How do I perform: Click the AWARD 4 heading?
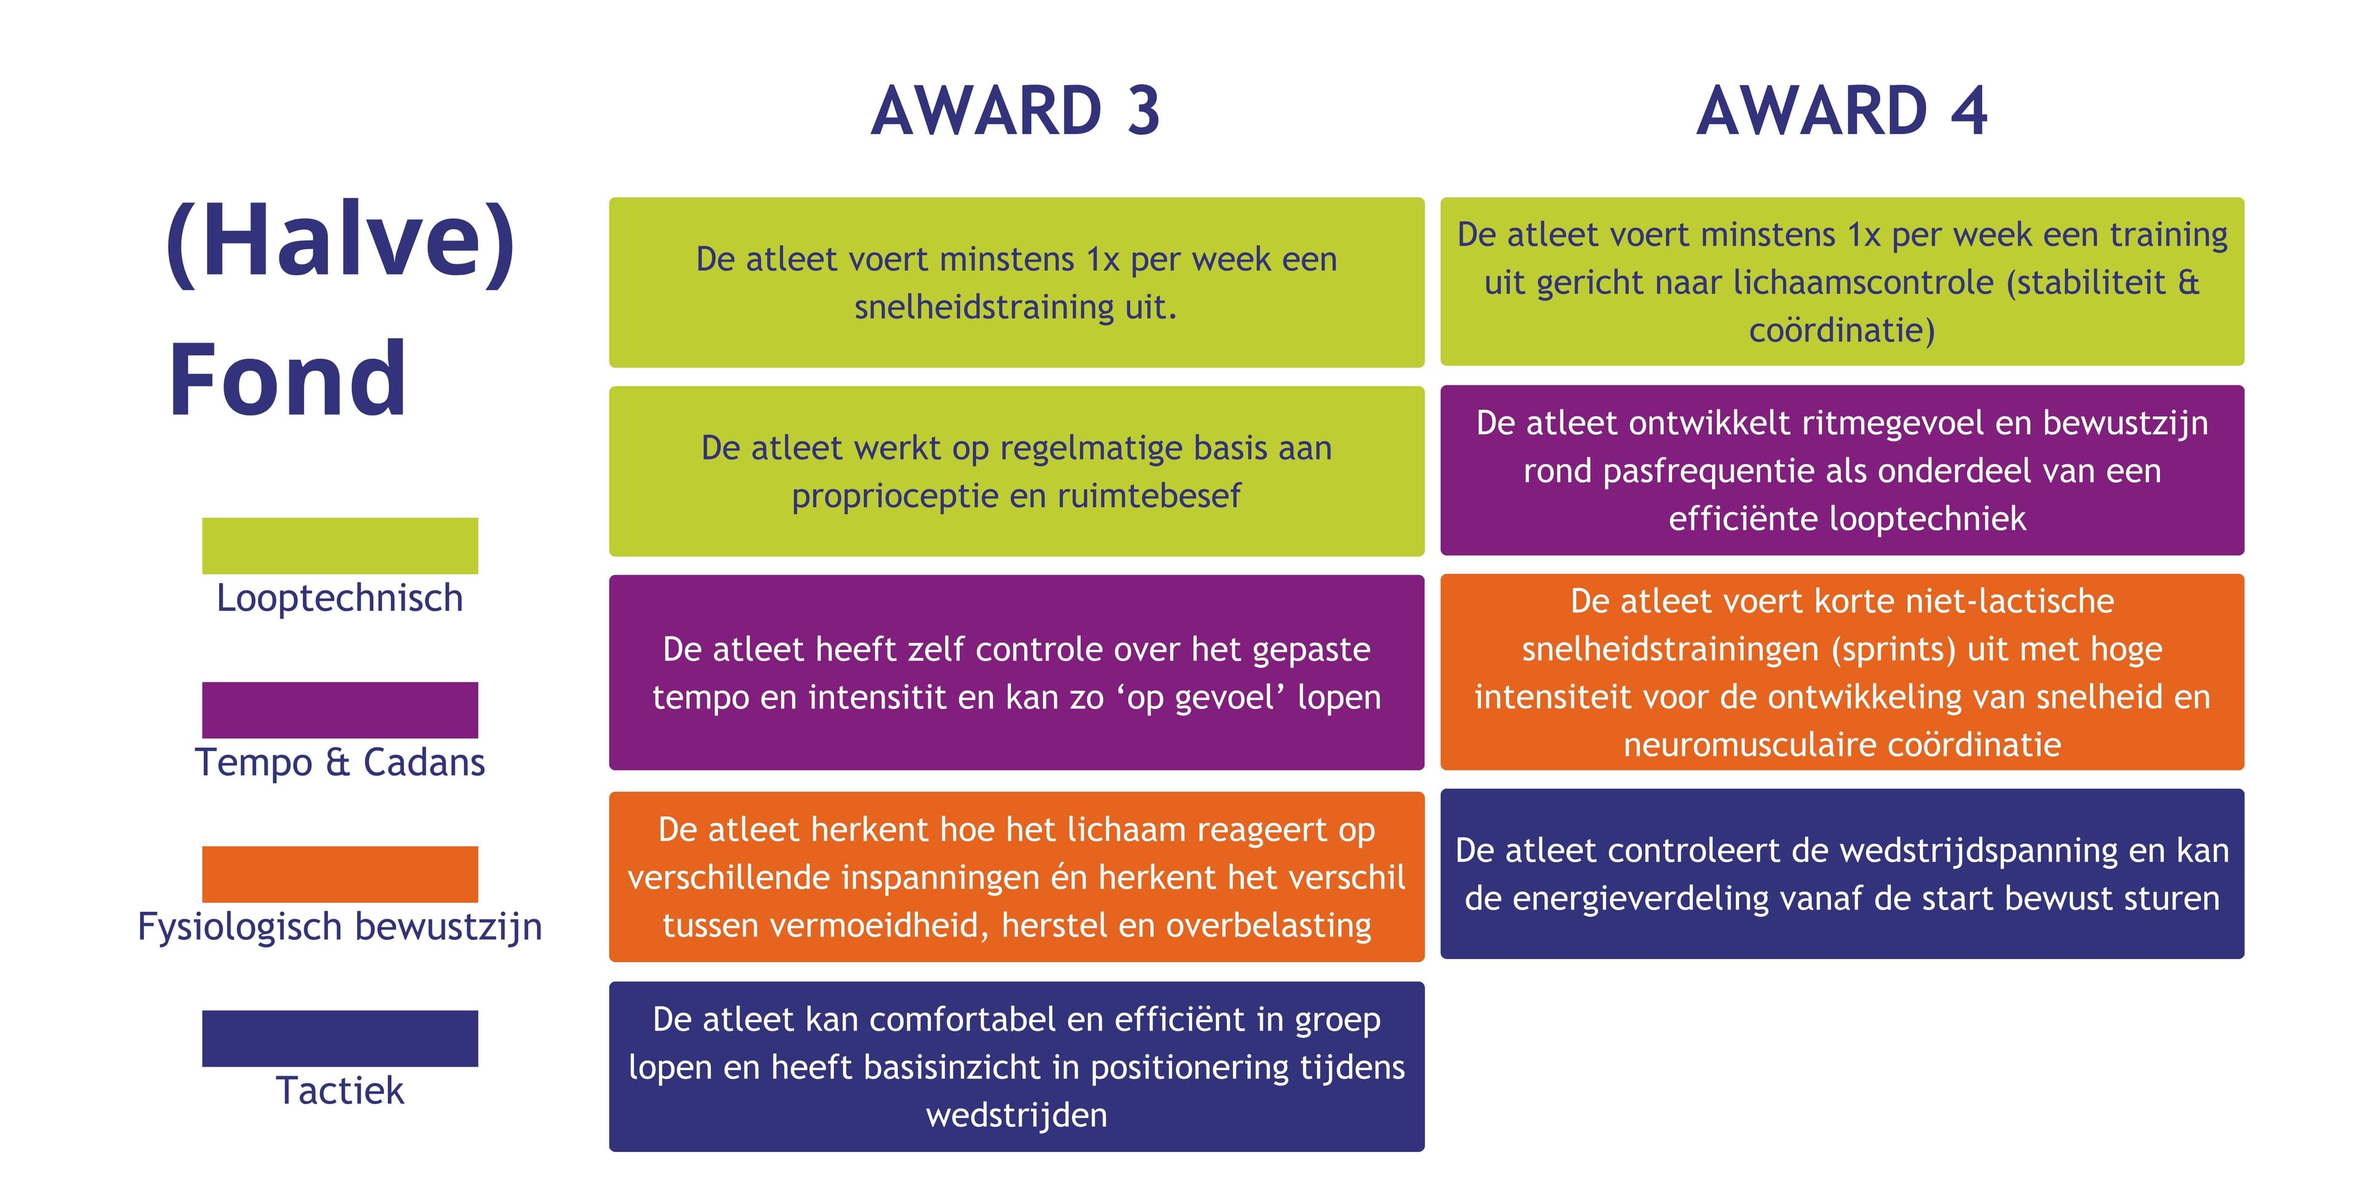point(1842,111)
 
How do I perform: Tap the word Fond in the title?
point(287,379)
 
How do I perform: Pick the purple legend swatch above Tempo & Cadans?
point(340,709)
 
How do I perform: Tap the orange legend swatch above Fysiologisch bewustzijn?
point(340,874)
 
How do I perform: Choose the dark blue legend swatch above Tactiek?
point(340,1038)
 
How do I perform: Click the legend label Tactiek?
point(340,1091)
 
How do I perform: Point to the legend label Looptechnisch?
point(340,598)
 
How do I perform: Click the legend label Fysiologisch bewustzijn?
point(340,927)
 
